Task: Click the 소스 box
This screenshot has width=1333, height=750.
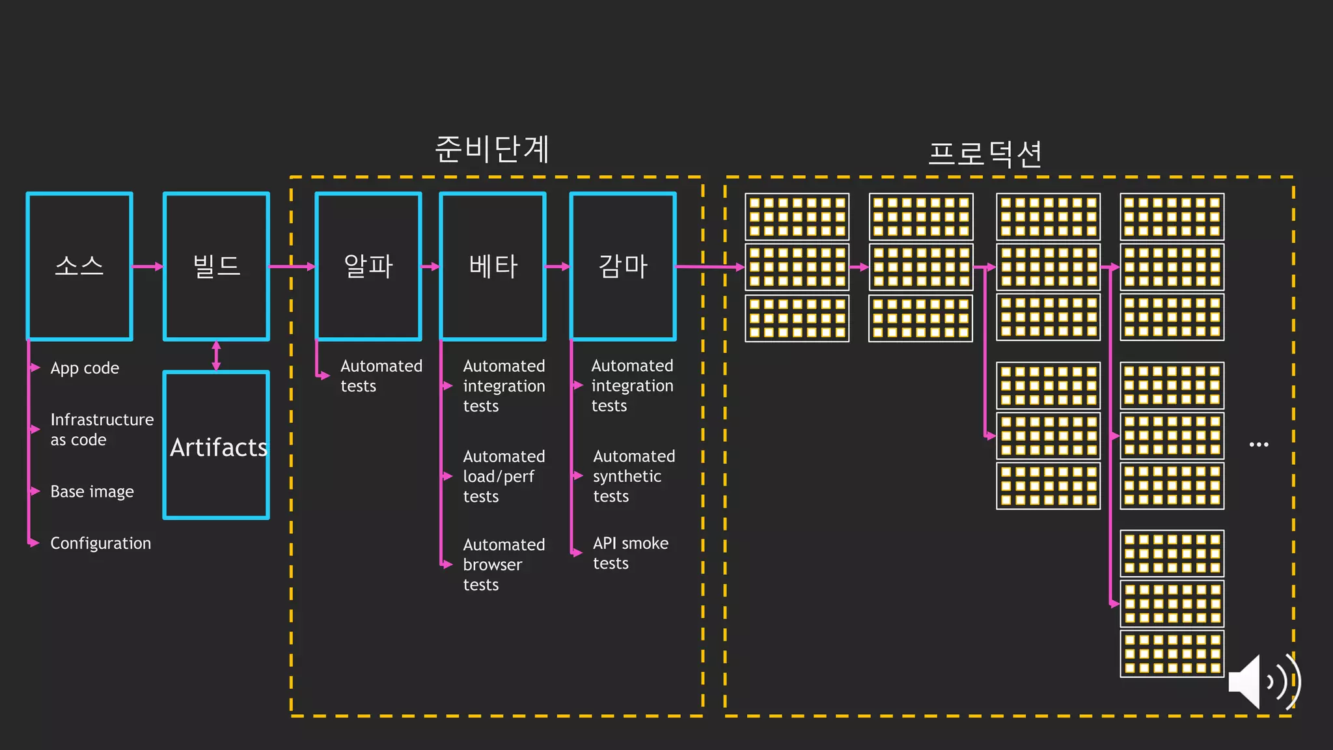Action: point(79,266)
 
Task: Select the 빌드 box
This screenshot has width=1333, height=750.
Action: point(216,266)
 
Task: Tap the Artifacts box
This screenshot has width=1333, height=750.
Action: point(216,446)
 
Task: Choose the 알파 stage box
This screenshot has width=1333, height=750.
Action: point(368,266)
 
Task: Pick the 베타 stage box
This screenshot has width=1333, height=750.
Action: point(493,266)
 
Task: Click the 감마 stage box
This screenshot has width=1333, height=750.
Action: point(623,266)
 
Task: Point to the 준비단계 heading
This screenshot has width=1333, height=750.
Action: point(492,149)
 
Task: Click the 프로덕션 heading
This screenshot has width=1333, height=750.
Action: point(985,154)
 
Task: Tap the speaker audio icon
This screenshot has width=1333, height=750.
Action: point(1263,682)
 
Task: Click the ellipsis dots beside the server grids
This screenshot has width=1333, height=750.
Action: point(1259,445)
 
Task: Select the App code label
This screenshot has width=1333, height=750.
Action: point(85,368)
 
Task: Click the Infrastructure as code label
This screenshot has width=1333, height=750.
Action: point(102,429)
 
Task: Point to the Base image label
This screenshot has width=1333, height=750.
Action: point(92,492)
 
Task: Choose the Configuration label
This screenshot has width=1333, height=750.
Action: point(100,543)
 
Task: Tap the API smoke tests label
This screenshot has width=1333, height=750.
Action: point(630,553)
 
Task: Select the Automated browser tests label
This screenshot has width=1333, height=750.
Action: point(503,564)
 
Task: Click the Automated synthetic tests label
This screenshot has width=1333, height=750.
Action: point(633,476)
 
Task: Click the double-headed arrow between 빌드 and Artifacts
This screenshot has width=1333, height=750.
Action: point(216,356)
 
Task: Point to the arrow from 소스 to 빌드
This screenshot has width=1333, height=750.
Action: point(148,266)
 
